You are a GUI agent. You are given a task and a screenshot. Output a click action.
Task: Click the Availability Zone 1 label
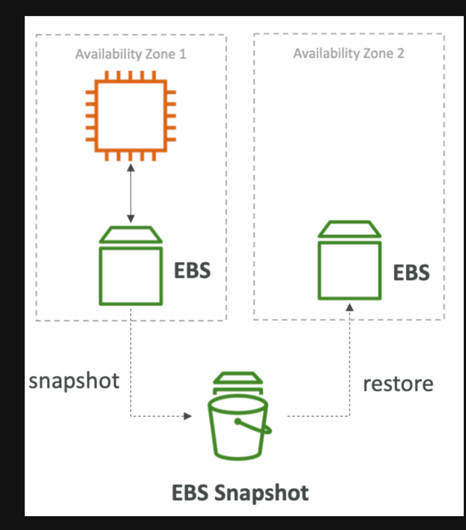coord(130,54)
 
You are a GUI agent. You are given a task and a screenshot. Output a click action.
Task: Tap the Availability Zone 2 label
coord(348,54)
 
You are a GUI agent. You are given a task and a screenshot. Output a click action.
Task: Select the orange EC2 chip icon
coord(130,116)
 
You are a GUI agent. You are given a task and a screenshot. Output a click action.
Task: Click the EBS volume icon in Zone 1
coord(131,266)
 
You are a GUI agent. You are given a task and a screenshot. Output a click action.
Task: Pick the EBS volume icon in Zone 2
coord(349,261)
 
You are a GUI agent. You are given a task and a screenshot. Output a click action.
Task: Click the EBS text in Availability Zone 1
coord(192,271)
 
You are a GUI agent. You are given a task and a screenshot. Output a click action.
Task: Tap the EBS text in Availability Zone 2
coord(411,272)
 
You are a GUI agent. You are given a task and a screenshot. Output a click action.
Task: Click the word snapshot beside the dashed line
coord(74,381)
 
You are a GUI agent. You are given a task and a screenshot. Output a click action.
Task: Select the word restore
coord(398,384)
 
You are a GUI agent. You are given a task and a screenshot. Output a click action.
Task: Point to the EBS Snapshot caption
coord(240,493)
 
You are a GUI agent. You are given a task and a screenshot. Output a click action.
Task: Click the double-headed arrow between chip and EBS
coord(131,193)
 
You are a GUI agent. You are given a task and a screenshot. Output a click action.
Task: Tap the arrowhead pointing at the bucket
coord(187,416)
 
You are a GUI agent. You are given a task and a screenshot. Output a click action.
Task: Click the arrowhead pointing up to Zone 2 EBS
coord(349,307)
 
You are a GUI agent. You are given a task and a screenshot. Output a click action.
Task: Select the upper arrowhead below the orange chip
coord(131,167)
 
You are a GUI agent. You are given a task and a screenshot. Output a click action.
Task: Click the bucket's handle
coord(255,427)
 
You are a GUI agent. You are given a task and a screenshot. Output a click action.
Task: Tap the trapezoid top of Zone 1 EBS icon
coord(131,235)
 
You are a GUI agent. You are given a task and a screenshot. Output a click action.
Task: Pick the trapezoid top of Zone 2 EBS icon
coord(349,229)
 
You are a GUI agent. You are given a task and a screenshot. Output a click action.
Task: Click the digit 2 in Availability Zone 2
coord(400,54)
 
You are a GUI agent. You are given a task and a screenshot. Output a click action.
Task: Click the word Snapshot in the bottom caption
coord(261,493)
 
